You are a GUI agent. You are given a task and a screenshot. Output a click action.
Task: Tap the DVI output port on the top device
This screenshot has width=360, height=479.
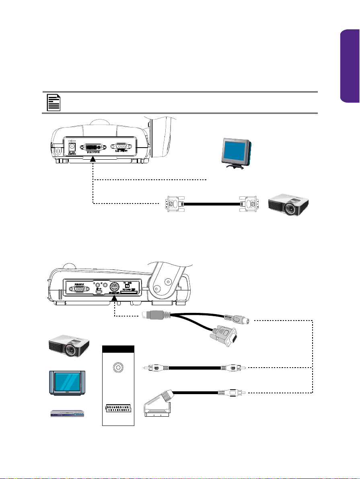(x=93, y=147)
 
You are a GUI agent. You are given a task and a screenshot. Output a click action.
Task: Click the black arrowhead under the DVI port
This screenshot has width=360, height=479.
(x=93, y=160)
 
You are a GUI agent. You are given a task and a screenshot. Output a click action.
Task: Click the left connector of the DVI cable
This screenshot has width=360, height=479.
(x=174, y=204)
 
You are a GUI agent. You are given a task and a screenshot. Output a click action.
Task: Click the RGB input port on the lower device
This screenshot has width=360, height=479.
(x=80, y=288)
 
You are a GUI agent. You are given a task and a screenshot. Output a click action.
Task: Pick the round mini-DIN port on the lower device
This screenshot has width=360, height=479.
(x=115, y=286)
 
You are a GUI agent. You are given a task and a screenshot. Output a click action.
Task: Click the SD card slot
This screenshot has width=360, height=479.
(x=132, y=294)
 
